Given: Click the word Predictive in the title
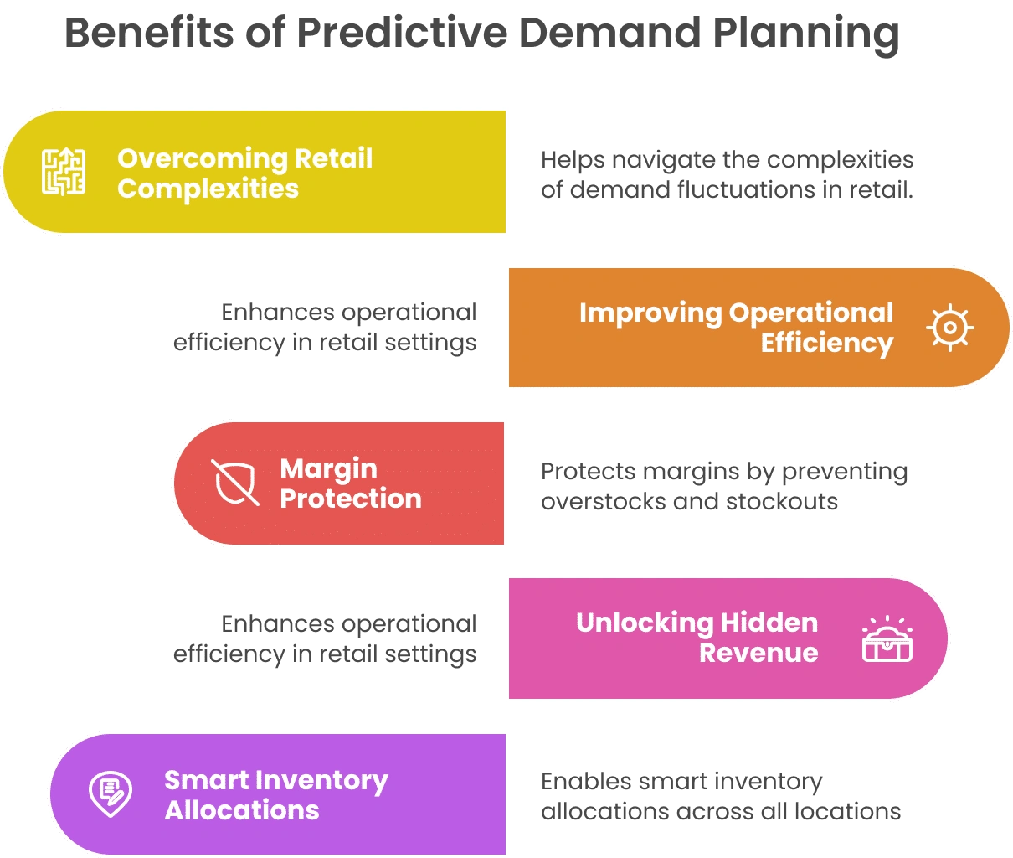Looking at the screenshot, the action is pos(403,33).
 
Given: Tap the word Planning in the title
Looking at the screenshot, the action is pos(806,35).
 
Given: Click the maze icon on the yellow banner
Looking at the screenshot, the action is pos(64,172).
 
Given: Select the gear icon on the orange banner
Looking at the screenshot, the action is pos(949,328).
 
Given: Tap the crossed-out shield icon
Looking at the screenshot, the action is pos(235,483).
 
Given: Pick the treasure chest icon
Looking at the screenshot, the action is pos(887,638).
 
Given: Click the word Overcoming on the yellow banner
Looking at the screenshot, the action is pos(203,159).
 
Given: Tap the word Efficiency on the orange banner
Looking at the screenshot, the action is pos(827,344).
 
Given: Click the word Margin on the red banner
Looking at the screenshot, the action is pos(329,469).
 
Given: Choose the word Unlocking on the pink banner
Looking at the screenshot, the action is pos(644,624).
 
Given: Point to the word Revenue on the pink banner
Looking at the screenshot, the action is pos(758,653).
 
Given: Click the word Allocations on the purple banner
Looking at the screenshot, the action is pos(242,810).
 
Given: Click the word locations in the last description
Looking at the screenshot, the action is pos(847,812).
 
